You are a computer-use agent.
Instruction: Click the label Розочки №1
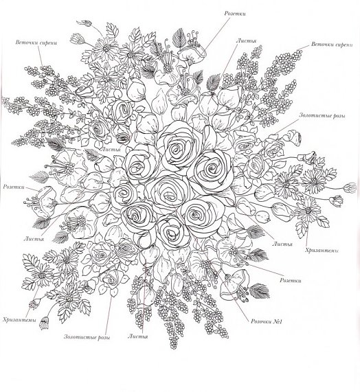[267, 321]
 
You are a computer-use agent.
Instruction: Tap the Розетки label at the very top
[235, 14]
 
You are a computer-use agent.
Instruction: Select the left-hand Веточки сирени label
[36, 43]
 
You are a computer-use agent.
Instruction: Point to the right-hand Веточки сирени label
[332, 45]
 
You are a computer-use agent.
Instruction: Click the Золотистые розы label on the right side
[322, 116]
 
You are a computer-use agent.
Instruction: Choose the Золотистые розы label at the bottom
[87, 337]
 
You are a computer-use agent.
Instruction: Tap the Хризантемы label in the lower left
[19, 320]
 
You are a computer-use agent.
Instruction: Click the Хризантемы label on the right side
[322, 251]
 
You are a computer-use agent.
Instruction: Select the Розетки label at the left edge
[14, 187]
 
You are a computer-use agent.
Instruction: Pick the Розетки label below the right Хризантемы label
[291, 280]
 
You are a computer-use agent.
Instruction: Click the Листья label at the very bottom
[138, 336]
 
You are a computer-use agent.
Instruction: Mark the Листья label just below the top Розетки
[247, 41]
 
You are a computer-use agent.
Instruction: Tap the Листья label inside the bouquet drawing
[111, 150]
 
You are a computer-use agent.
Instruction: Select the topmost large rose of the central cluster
[178, 148]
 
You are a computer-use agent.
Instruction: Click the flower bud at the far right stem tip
[352, 187]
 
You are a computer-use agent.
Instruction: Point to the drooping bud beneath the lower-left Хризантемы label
[44, 323]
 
